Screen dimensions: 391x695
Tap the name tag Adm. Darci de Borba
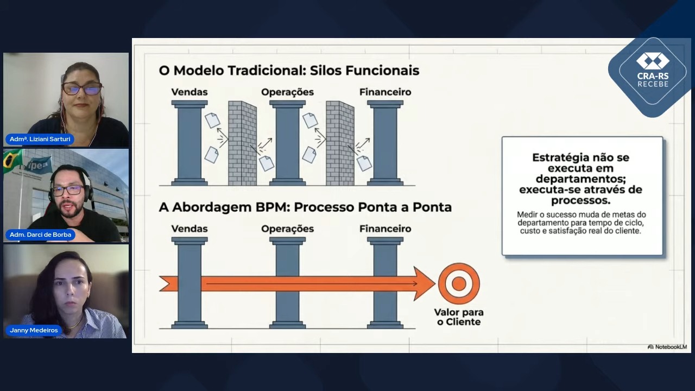coord(40,235)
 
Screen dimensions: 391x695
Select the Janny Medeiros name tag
coord(34,330)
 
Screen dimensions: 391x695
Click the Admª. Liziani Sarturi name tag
coord(40,139)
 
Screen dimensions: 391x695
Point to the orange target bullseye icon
coord(459,283)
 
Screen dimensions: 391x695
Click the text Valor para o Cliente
coord(459,317)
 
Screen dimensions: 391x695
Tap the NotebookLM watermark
coord(667,346)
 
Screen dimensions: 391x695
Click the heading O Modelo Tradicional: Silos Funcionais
coord(289,71)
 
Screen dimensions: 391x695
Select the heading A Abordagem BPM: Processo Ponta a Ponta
coord(305,207)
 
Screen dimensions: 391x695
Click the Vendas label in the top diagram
coord(189,92)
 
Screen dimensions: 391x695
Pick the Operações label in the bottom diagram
coord(287,229)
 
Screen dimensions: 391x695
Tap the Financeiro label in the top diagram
coord(385,92)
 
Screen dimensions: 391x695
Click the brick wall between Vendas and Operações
coord(242,143)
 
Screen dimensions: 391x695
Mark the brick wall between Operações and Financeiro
coord(340,143)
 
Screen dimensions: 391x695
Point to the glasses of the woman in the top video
coord(82,89)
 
